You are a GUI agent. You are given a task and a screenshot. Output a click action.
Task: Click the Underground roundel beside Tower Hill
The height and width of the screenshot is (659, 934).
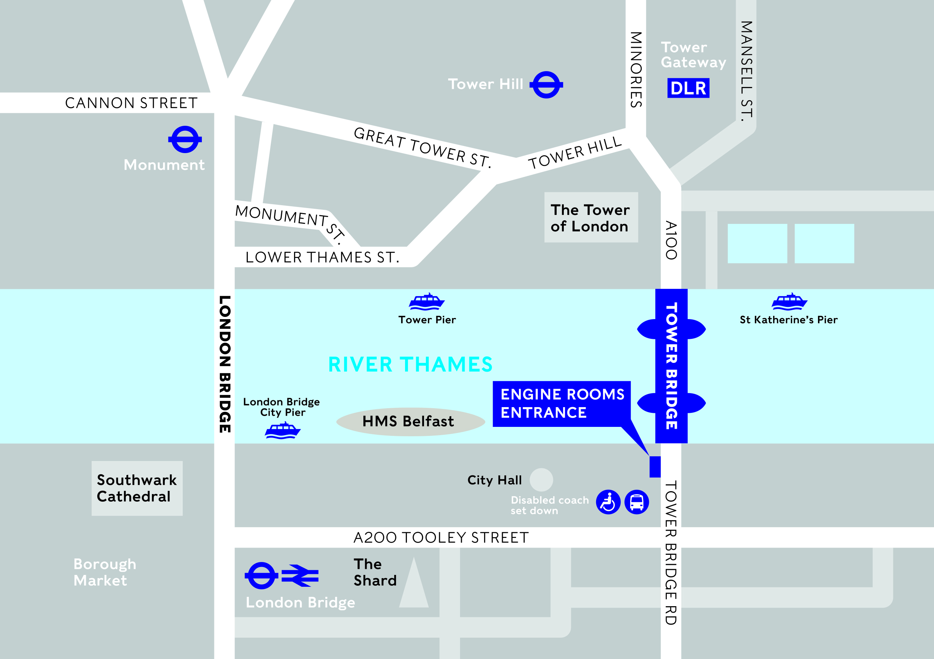click(x=546, y=85)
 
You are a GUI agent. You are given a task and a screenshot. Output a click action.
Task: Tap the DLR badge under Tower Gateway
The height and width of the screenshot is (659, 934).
click(x=688, y=88)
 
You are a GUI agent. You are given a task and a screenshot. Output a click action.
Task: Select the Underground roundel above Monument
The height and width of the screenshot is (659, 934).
click(x=185, y=140)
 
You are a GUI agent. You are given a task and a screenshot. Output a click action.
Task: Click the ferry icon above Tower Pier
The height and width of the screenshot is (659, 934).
click(x=426, y=301)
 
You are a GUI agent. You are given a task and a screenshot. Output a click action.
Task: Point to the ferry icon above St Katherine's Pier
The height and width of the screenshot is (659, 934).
click(x=789, y=301)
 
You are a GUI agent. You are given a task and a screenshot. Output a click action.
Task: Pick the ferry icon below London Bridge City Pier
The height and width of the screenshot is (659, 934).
click(x=283, y=431)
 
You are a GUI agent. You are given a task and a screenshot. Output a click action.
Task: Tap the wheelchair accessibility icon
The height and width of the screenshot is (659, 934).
click(x=608, y=502)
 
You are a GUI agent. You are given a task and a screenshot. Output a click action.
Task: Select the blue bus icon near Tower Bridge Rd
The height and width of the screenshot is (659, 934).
click(x=636, y=502)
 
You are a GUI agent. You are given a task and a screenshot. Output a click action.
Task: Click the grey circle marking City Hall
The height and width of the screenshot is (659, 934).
click(x=541, y=479)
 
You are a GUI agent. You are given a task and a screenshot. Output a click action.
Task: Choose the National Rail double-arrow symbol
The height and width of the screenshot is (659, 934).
click(x=300, y=576)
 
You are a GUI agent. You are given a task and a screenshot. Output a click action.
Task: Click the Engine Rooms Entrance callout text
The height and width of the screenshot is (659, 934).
click(x=561, y=404)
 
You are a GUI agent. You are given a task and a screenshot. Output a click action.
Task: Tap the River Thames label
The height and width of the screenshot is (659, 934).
click(x=410, y=364)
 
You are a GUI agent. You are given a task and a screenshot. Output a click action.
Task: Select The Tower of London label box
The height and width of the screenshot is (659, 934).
click(x=591, y=217)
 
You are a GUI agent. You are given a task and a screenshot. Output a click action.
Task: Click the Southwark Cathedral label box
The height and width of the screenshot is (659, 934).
click(x=137, y=488)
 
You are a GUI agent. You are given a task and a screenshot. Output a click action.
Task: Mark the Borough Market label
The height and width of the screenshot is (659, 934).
click(x=104, y=572)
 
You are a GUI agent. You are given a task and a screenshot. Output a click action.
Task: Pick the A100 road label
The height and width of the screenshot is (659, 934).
click(x=671, y=240)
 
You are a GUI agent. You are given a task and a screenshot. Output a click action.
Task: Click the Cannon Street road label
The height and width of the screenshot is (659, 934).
click(x=131, y=103)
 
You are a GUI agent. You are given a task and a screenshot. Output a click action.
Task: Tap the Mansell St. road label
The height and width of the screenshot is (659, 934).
click(x=746, y=71)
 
